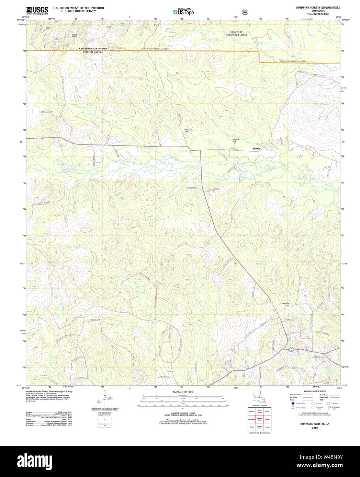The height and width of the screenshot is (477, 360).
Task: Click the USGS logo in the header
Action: [37, 10]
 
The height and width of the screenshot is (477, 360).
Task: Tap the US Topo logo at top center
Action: [183, 12]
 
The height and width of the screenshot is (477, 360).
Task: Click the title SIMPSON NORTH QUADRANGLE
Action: [318, 8]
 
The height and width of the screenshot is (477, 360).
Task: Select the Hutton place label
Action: [257, 149]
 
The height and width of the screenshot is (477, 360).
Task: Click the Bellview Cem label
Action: [236, 140]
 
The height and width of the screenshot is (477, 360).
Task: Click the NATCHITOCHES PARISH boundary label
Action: [93, 49]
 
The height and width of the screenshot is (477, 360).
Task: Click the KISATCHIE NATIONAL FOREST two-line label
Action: [236, 33]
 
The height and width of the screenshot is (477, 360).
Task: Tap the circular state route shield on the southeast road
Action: [291, 349]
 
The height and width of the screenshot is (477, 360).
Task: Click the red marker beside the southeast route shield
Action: [299, 349]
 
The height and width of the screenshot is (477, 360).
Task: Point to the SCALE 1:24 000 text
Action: [183, 392]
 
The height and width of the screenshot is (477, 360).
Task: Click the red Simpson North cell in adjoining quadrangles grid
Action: [259, 419]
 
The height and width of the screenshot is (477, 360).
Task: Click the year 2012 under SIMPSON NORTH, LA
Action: [315, 428]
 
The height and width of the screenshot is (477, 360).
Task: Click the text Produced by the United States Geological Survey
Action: [49, 391]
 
